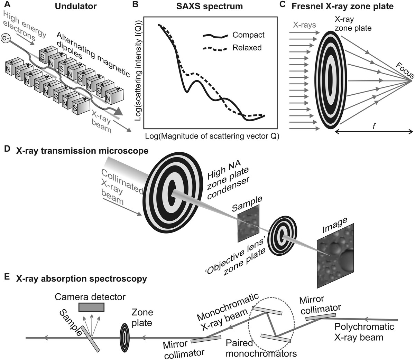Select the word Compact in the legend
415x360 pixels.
(x=248, y=35)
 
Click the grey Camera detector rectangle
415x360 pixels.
(x=91, y=307)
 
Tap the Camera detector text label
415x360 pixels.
(x=90, y=296)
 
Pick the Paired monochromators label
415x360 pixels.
(x=261, y=349)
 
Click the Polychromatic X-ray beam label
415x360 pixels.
(x=364, y=332)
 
